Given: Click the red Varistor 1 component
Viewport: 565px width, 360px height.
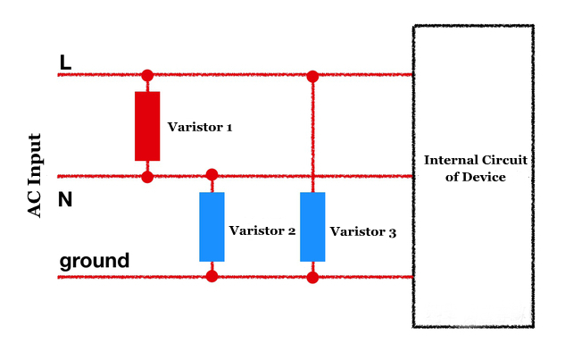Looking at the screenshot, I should point(147,126).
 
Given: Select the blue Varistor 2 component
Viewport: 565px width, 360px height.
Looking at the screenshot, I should point(212,226).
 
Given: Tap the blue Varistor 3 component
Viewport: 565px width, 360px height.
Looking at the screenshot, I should point(312,226).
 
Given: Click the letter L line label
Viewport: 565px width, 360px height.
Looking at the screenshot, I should point(65,63).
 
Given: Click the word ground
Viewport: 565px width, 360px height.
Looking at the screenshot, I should point(95,262).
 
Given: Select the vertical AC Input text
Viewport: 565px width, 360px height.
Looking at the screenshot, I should point(35,175).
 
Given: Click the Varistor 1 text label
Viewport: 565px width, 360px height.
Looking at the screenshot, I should point(200,128).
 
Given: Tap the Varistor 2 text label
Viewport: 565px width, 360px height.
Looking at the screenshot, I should point(262,230).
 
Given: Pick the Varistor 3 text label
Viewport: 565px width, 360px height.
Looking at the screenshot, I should point(363,231).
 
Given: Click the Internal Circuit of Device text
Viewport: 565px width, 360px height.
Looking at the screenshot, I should point(475,169).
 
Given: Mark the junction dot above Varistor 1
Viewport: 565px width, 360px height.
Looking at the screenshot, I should point(147,75).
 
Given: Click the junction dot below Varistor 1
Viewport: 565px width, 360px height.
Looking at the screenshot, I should point(147,177).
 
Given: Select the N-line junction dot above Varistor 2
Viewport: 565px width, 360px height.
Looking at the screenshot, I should point(212,174).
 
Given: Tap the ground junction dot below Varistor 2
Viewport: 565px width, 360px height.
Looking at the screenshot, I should point(212,276).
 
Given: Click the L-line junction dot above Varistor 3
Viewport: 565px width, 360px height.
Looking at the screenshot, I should point(312,75).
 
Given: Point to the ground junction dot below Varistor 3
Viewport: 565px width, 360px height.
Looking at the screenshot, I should point(312,277).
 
